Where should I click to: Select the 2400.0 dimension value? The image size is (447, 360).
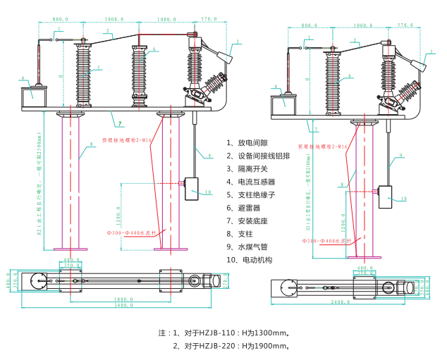343,302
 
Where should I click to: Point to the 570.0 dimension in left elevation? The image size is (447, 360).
209,19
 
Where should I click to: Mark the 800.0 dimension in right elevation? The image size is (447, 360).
309,25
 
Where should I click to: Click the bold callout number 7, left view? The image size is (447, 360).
120,124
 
